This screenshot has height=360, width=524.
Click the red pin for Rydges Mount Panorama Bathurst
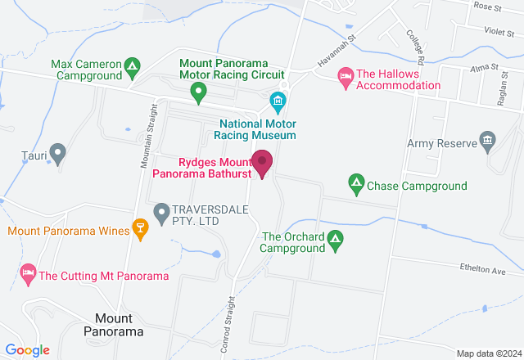[x=262, y=162]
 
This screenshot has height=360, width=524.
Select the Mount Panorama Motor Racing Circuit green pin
[x=197, y=92]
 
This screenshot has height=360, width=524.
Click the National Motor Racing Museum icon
[x=278, y=101]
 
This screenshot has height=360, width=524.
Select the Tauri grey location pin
[x=57, y=151]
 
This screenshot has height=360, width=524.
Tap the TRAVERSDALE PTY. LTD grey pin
[x=160, y=213]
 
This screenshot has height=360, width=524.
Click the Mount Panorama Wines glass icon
[x=140, y=231]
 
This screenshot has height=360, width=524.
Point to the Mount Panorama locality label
[x=114, y=325]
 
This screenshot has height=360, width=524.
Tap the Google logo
[x=26, y=350]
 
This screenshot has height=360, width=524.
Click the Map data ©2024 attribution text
[x=488, y=353]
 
